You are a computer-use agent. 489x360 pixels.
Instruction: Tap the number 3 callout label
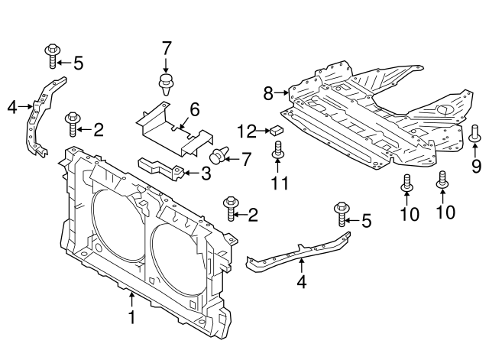coord(206,174)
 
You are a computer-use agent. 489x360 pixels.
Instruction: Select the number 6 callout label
coord(194,110)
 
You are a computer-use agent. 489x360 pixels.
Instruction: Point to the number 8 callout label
coord(268,93)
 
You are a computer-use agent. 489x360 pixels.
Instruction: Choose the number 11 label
coord(278,183)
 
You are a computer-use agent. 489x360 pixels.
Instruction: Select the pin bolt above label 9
coord(474,134)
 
